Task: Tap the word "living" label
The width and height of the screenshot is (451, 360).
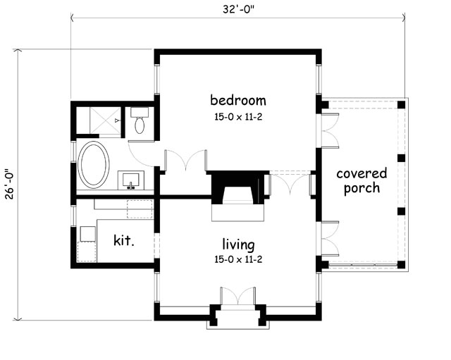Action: (x=238, y=244)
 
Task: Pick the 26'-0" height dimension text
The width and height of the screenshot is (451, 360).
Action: (x=9, y=185)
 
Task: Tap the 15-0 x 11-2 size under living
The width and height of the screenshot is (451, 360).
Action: (x=238, y=260)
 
